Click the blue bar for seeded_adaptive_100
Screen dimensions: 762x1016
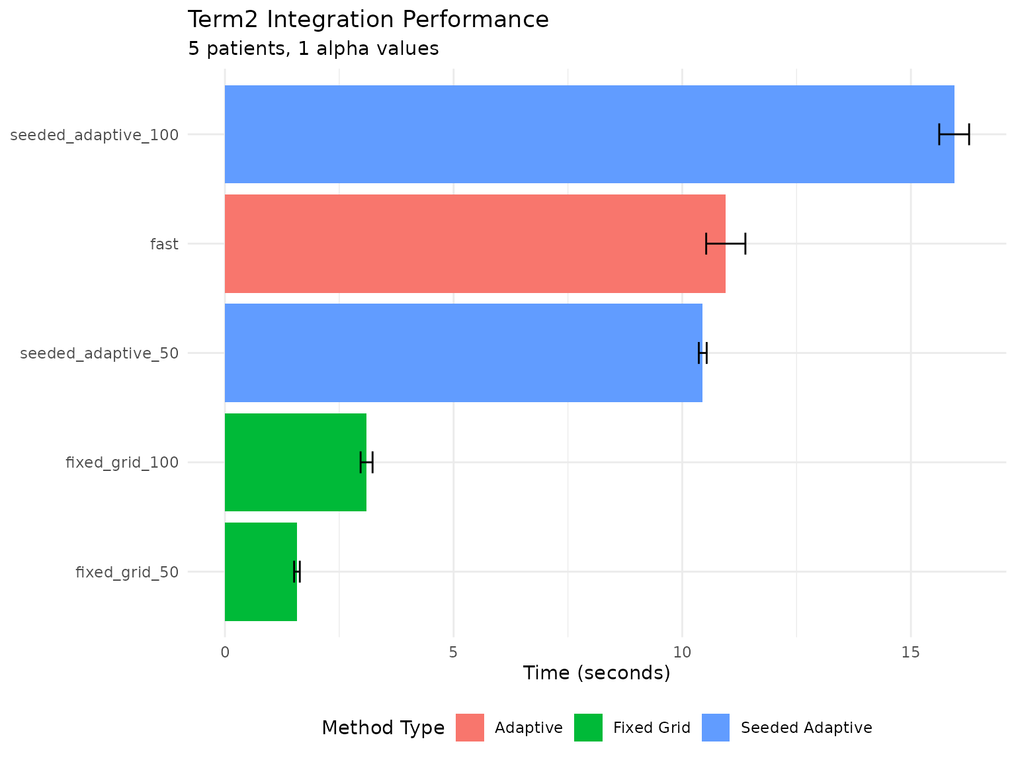pyautogui.click(x=589, y=134)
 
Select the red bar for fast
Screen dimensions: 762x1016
pyautogui.click(x=475, y=243)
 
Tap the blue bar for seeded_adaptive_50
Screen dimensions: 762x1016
pyautogui.click(x=463, y=353)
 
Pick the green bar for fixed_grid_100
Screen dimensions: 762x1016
pyautogui.click(x=295, y=462)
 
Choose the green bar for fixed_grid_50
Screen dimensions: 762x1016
pyautogui.click(x=261, y=571)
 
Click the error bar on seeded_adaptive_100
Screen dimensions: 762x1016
pyautogui.click(x=954, y=134)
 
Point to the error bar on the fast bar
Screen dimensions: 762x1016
pyautogui.click(x=726, y=243)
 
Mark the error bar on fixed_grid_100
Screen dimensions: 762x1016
pyautogui.click(x=366, y=462)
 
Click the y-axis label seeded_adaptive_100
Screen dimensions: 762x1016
pyautogui.click(x=95, y=135)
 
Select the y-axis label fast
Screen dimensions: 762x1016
pyautogui.click(x=164, y=244)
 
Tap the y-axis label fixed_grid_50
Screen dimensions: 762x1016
pyautogui.click(x=127, y=572)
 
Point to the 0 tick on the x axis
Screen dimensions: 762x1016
pyautogui.click(x=225, y=652)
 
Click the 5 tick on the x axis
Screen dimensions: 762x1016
pyautogui.click(x=454, y=652)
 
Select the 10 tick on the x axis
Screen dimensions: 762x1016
pyautogui.click(x=682, y=652)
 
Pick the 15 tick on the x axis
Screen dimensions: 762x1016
pyautogui.click(x=911, y=652)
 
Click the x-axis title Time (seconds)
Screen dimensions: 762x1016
pyautogui.click(x=596, y=673)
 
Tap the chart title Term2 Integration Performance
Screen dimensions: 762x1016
pyautogui.click(x=368, y=20)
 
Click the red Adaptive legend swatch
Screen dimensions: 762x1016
pyautogui.click(x=470, y=728)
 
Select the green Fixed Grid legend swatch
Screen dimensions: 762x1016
pyautogui.click(x=588, y=728)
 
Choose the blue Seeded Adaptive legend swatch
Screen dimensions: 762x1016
pyautogui.click(x=716, y=728)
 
